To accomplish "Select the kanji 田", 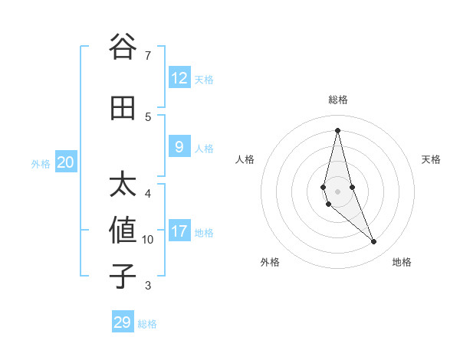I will (123, 108).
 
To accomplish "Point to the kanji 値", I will (123, 231).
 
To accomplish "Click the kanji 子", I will (123, 277).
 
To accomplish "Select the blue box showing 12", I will (179, 78).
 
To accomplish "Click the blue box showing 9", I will (179, 147).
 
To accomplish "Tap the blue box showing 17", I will (179, 231).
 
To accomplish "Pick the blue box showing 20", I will (66, 162).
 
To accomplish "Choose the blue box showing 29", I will (123, 322).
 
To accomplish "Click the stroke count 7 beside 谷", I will (148, 55).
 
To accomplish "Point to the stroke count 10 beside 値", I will (148, 240).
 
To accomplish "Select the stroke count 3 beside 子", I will (148, 286).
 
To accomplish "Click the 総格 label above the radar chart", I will (338, 100).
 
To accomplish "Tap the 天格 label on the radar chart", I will (432, 159).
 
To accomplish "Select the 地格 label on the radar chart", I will (402, 262).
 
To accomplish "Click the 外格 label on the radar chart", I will (270, 262).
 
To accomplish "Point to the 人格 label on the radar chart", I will (245, 159).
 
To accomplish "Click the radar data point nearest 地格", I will (374, 242).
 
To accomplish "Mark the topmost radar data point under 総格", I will (337, 130).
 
